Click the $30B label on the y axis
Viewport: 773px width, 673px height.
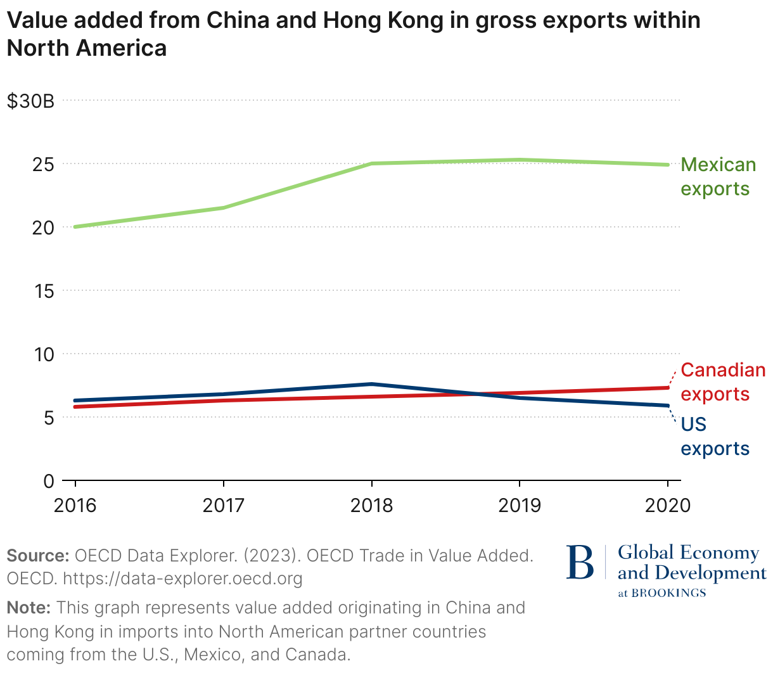point(30,101)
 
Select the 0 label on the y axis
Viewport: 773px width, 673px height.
point(49,481)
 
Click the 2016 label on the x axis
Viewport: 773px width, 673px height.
point(75,505)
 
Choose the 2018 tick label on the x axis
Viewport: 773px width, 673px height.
point(371,505)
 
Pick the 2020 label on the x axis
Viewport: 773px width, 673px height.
point(667,505)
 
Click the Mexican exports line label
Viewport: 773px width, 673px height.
point(718,177)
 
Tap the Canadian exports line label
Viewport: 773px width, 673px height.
point(722,382)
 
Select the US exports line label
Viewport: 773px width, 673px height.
point(715,436)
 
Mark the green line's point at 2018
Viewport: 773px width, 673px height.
point(372,163)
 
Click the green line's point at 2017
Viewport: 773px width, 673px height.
point(224,207)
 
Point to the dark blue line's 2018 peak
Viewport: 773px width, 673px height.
point(372,384)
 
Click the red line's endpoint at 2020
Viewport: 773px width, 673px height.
point(667,388)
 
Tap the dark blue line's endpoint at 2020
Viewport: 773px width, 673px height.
point(667,406)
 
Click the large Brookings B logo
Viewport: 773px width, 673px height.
point(580,561)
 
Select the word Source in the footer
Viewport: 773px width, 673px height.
point(37,556)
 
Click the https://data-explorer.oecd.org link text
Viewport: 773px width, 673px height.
point(182,579)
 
